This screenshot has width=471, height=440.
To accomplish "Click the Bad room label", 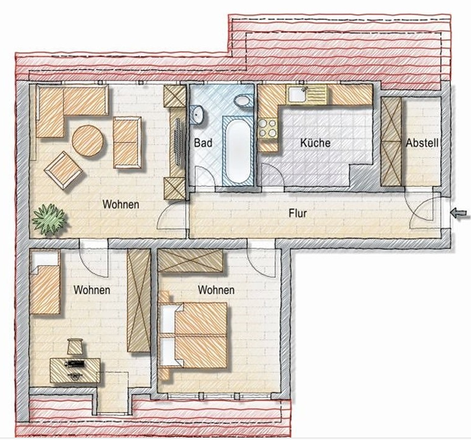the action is coord(203,143).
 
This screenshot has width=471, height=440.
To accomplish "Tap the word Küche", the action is coord(315,143).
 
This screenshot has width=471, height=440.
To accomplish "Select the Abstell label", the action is coord(422,143).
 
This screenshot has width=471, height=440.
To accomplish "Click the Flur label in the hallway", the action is coord(298,213).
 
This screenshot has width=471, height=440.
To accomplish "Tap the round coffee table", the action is coord(88,141).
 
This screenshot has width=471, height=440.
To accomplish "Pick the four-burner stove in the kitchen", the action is coord(268,128).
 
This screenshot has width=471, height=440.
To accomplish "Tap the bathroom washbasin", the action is coord(198,114).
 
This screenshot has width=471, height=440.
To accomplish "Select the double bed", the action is coord(193,336).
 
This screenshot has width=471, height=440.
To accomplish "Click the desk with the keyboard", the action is coord(75,370).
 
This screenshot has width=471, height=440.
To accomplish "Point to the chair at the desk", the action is coord(75,346).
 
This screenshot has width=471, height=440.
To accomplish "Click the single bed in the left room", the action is coord(45,282).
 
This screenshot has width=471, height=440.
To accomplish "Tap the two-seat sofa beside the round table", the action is coord(128,142).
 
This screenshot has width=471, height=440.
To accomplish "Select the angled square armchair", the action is coord(63,170).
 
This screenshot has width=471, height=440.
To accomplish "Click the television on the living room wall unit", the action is coord(178,141).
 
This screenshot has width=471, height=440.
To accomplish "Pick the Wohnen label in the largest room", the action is coord(121,204).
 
